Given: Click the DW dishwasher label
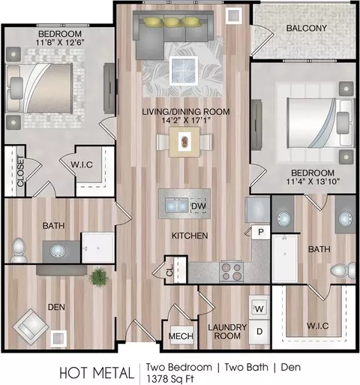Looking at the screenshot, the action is point(199,206).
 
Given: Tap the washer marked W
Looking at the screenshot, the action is point(259,308).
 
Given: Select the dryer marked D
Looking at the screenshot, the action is point(259,331).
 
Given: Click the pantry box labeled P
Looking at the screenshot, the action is point(260,232).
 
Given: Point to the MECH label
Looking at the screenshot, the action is point(181,336).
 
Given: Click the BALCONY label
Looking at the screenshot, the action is point(307,28).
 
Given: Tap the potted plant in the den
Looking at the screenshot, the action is point(99,276).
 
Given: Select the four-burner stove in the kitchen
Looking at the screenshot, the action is point(232,272).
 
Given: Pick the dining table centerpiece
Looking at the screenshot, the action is point(184,142).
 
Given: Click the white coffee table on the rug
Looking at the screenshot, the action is point(184,71).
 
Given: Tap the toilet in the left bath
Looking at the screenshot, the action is point(19,250).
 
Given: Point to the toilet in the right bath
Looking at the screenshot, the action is point(343,271).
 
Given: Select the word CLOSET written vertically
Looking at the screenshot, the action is point(21,171).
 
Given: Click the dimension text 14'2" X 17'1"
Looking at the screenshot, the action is point(186,120).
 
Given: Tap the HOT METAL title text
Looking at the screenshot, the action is point(97,373).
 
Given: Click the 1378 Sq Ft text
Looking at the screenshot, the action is point(170,379).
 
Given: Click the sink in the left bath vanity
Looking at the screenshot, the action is point(58,251).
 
